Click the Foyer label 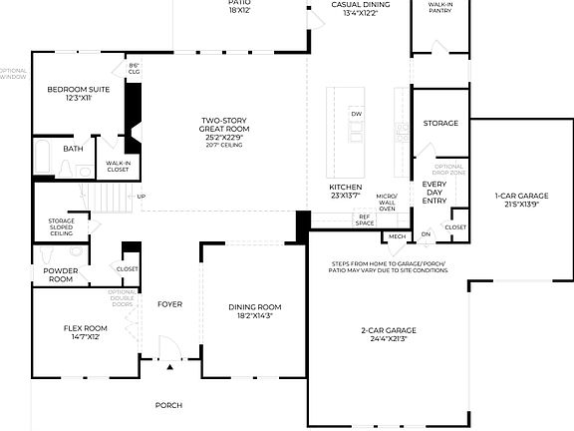169,303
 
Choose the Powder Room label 61,275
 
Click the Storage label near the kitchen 440,123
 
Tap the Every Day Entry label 434,193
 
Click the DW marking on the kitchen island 356,114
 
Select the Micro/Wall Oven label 387,202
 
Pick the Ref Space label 365,219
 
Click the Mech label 397,236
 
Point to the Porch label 168,405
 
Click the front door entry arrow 169,367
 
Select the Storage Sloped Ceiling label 62,226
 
